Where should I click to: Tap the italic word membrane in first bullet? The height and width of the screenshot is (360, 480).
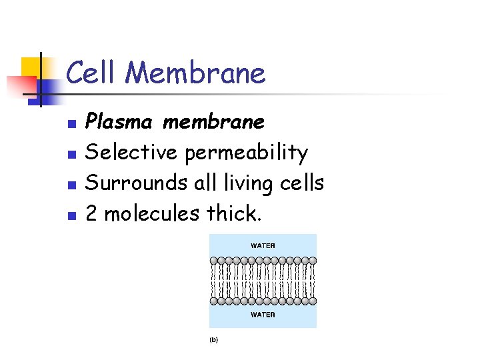click(x=213, y=123)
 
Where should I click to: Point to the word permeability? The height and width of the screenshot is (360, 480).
click(x=246, y=153)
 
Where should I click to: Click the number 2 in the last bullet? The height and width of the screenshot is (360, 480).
click(x=93, y=213)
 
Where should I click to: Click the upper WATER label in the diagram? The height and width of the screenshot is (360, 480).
click(x=263, y=245)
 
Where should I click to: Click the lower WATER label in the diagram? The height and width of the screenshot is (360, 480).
click(x=263, y=314)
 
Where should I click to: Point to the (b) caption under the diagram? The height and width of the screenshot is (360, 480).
click(x=214, y=340)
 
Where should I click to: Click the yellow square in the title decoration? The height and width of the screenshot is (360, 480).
click(x=31, y=67)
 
